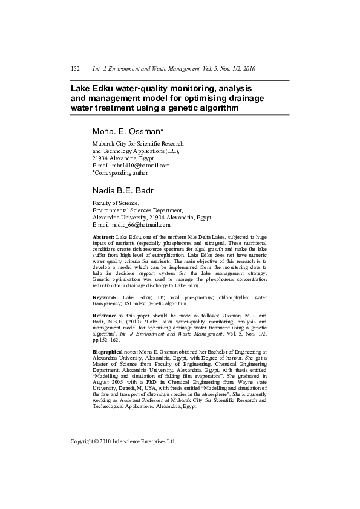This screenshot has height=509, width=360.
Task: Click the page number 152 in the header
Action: click(x=76, y=69)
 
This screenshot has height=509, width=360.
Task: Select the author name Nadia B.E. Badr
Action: click(x=123, y=191)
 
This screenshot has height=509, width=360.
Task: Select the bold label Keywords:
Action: click(x=105, y=298)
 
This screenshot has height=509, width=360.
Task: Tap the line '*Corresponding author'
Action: click(x=120, y=172)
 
